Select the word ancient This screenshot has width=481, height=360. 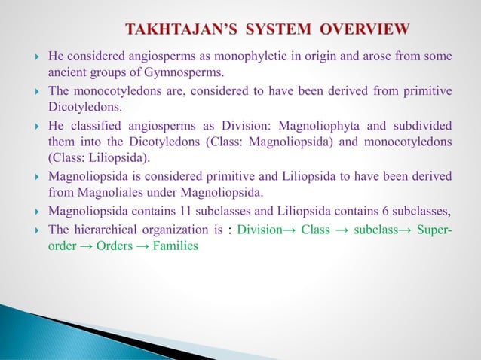[x=66, y=73]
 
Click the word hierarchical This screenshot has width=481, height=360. [x=105, y=230]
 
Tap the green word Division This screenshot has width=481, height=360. [x=259, y=230]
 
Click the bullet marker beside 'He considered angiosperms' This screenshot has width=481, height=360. [x=36, y=57]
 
